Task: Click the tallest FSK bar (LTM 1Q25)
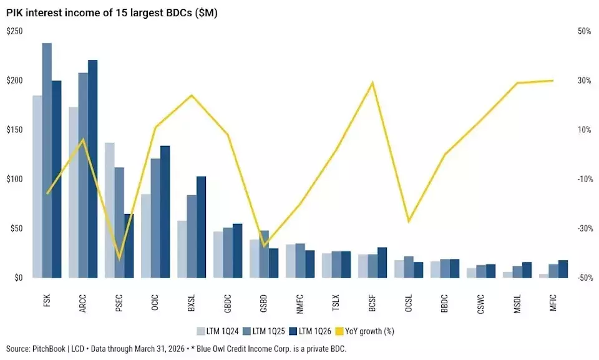(x=47, y=160)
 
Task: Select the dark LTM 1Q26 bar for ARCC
(x=93, y=169)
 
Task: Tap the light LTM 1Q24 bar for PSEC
(x=110, y=210)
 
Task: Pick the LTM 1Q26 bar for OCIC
(x=165, y=212)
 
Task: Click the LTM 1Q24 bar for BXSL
(x=182, y=249)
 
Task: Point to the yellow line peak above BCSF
(x=373, y=82)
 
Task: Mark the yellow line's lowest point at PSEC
(x=119, y=259)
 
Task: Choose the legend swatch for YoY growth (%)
(x=339, y=331)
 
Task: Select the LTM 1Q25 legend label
(x=269, y=331)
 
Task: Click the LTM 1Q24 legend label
(x=222, y=331)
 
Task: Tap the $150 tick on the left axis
(x=14, y=130)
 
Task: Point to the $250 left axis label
(x=14, y=31)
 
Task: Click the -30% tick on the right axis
(x=585, y=228)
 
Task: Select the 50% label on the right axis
(x=585, y=31)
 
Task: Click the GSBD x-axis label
(x=263, y=304)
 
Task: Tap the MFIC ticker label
(x=553, y=303)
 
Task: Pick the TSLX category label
(x=336, y=303)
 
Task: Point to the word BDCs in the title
(x=180, y=13)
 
